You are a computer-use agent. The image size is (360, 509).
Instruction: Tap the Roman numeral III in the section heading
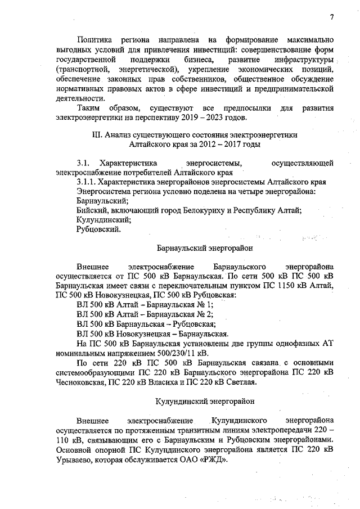pyautogui.click(x=95, y=135)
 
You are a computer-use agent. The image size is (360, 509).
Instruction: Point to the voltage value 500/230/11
pyautogui.click(x=174, y=353)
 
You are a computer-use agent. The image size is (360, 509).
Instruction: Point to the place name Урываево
pyautogui.click(x=76, y=460)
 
